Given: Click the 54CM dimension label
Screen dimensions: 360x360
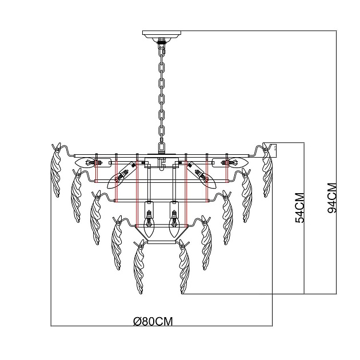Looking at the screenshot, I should [x=299, y=208].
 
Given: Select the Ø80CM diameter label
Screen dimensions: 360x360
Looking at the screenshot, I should [x=153, y=321].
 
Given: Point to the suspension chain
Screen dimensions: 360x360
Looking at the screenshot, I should [x=162, y=91].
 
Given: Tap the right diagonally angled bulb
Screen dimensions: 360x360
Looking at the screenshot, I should [x=206, y=178].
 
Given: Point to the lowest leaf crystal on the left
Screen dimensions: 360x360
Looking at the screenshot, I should [x=139, y=269].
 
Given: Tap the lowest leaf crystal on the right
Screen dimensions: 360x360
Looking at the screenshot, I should [x=184, y=269].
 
